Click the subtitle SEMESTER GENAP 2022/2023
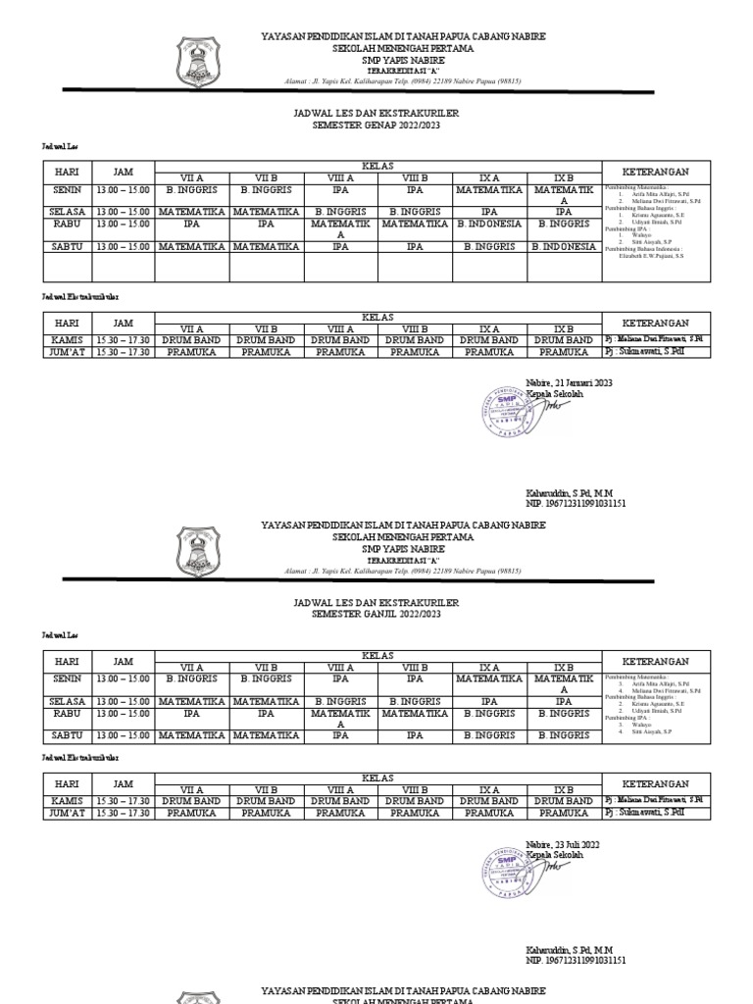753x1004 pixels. pos(376,126)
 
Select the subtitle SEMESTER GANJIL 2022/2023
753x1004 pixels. pos(376,614)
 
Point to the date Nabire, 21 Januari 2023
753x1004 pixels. pos(569,383)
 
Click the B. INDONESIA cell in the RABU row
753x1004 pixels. pos(489,224)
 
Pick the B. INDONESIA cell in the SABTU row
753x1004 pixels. pos(564,247)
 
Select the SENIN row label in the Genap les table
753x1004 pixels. pos(67,189)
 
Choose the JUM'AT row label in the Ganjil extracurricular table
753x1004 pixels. pos(67,813)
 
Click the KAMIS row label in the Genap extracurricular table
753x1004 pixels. pos(67,340)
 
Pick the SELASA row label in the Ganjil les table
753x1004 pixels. pos(67,701)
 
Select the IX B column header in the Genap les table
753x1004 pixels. pos(564,177)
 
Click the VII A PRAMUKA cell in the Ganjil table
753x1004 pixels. pos(192,813)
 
